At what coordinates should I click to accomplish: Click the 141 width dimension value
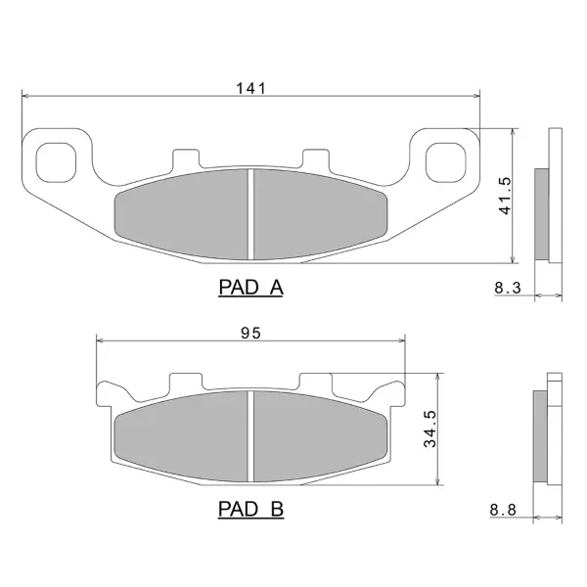[250, 88]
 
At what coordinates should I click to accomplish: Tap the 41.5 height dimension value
[505, 196]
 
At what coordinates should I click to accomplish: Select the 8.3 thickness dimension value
[508, 288]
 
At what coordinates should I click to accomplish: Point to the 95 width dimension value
[250, 333]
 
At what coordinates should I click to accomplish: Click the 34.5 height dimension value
[430, 429]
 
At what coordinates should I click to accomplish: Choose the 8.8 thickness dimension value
[503, 510]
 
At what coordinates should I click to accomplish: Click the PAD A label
[250, 288]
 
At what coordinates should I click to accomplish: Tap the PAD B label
[250, 509]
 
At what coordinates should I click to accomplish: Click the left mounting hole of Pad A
[56, 162]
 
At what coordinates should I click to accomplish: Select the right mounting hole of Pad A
[446, 162]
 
